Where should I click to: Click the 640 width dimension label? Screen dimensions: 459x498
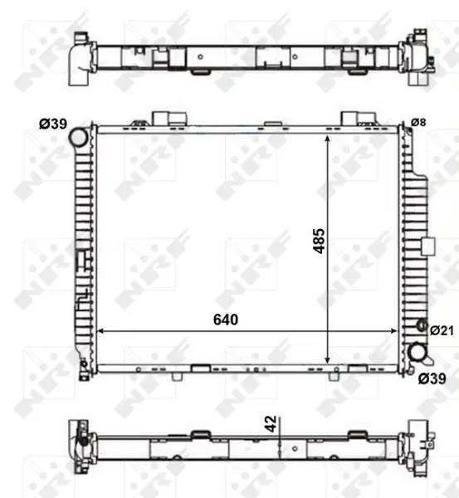[x=226, y=320]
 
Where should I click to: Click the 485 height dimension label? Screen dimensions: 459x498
[x=320, y=241]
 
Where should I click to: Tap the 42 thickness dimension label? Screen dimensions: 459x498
[x=271, y=424]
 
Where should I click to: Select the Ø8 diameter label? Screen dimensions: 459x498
[x=418, y=122]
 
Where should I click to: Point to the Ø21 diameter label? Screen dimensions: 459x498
[x=442, y=330]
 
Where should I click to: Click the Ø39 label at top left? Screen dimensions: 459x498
[x=53, y=124]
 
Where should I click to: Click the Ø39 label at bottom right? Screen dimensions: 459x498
[x=432, y=378]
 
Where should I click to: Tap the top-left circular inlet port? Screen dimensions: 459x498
[x=78, y=137]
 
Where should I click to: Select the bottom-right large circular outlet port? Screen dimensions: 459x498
[x=417, y=353]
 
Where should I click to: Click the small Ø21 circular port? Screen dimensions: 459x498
[x=422, y=325]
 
